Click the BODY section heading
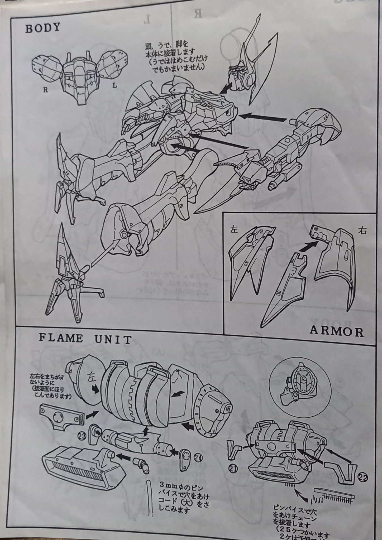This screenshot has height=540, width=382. [43, 28]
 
